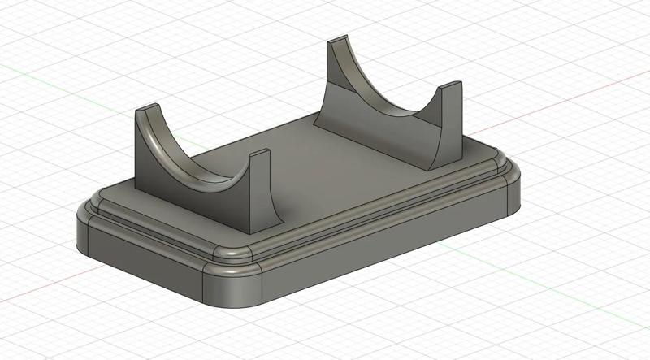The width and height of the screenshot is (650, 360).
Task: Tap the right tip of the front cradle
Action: click(258, 154)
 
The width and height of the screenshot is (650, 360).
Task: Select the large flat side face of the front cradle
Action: click(195, 195)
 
